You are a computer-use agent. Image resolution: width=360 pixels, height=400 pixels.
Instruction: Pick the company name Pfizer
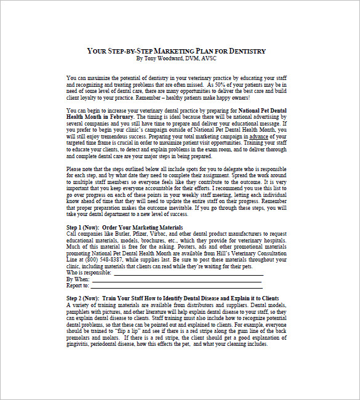pyautogui.click(x=145, y=234)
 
